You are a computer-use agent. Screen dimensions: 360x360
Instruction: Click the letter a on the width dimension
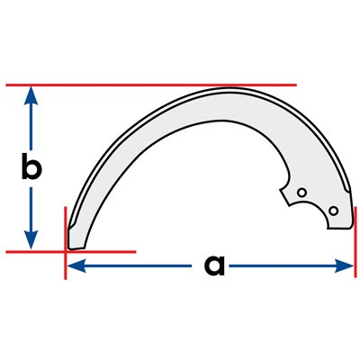coord(214,265)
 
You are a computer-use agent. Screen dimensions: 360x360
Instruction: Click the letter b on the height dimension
coord(31,166)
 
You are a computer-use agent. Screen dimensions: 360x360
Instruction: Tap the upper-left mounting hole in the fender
coord(301,193)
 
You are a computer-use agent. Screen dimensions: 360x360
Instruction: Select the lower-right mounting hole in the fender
coord(333,211)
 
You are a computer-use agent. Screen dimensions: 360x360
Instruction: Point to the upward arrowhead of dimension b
coord(31,95)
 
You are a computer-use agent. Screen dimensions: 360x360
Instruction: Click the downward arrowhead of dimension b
coord(31,239)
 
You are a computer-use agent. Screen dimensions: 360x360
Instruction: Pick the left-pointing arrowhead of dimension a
coord(76,265)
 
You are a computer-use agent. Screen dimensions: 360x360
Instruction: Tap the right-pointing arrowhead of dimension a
coord(344,265)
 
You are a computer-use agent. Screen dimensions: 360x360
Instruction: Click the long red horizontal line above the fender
coord(151,85)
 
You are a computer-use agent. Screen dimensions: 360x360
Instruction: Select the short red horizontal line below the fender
coord(71,251)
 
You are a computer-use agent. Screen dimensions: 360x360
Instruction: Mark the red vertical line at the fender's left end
coord(66,243)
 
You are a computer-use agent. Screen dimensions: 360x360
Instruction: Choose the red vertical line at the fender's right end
coord(355,242)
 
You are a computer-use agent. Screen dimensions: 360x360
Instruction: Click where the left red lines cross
coord(66,251)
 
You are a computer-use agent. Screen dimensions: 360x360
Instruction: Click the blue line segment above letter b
coord(31,127)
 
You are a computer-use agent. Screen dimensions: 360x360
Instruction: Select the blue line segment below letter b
coord(31,209)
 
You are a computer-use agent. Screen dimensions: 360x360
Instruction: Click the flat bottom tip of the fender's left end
coord(76,248)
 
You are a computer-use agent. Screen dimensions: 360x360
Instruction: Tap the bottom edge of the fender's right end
coord(339,229)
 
